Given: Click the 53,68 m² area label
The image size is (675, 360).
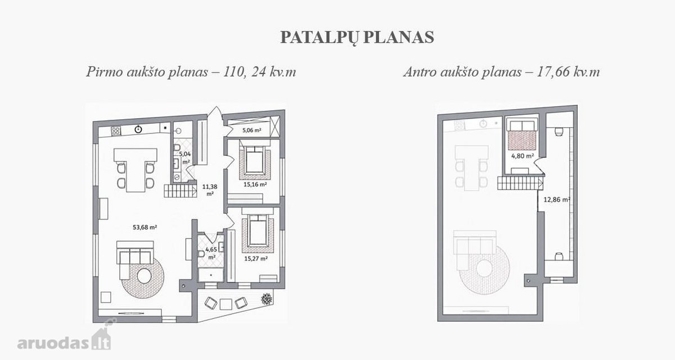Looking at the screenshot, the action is tap(145, 227).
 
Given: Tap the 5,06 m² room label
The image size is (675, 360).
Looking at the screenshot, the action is tap(251, 130).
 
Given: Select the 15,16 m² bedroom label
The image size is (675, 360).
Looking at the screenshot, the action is tap(255, 184).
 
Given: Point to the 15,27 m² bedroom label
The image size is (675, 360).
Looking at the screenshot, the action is tap(256, 259).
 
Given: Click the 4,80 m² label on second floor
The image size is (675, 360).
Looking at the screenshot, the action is tap(523, 156).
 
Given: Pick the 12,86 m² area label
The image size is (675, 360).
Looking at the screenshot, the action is tap(557, 200).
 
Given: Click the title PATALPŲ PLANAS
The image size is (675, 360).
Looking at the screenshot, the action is tap(357, 38).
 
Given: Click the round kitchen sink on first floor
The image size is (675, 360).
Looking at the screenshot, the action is tap(138, 129).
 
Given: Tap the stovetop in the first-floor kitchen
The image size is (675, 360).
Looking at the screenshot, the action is tap(116, 130).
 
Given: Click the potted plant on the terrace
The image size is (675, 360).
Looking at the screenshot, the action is tap(267, 299).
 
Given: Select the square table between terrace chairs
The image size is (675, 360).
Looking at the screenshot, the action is tap(226, 304).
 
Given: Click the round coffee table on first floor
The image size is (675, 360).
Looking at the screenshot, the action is tap(144, 276).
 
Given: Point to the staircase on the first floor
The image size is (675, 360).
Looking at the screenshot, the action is tap(180, 191).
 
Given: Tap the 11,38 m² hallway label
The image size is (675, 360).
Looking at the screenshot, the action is tap(210, 190).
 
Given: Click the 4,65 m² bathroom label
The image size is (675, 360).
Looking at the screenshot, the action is tap(211, 253).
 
